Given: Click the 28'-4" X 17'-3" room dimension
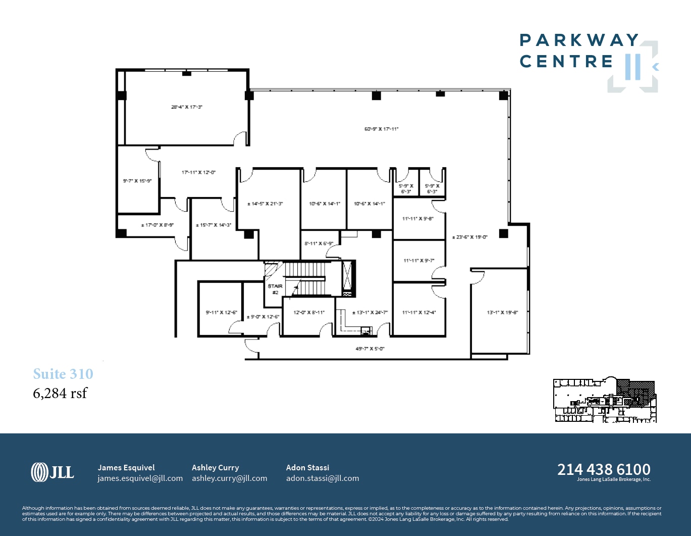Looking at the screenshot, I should tap(187, 107).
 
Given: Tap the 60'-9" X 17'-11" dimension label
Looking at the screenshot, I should tap(382, 129).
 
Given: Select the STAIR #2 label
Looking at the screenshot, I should tap(275, 289).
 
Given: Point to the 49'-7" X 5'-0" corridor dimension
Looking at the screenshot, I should tap(370, 349).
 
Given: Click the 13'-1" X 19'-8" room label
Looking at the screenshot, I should tap(502, 313).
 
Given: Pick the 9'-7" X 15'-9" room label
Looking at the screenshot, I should tap(137, 181).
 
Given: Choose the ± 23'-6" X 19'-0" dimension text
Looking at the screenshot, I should tap(470, 237).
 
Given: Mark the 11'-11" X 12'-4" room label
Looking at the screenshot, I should tap(419, 313).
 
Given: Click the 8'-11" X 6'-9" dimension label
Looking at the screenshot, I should tap(319, 243).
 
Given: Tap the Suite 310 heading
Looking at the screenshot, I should tap(63, 374).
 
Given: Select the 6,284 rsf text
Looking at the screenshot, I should tap(60, 393).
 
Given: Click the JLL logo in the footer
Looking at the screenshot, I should tap(52, 472).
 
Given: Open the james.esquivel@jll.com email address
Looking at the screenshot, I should tap(140, 478).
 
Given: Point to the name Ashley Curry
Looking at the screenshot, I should tap(216, 468).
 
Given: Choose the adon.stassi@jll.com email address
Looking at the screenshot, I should tap(323, 478).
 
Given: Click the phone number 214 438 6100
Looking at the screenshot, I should tap(604, 469).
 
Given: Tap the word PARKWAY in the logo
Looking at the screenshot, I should tap(579, 40).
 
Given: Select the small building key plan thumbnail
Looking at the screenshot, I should tap(605, 400).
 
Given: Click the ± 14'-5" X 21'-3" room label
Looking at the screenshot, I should tap(265, 204).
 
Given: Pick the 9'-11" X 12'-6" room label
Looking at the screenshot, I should tap(221, 313).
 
